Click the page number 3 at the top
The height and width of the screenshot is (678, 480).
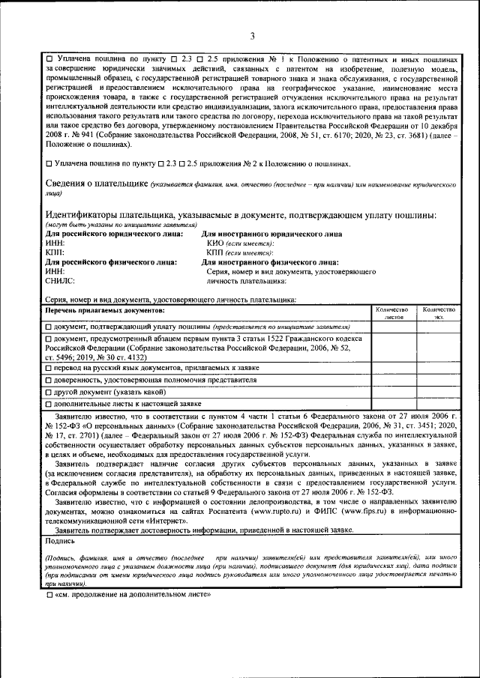tap(252, 36)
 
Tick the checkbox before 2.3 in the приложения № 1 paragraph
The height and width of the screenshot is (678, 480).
tap(174, 58)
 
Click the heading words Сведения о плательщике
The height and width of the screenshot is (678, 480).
tap(96, 184)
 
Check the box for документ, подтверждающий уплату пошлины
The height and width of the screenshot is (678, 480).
tap(49, 327)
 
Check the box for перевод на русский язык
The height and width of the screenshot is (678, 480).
tap(49, 368)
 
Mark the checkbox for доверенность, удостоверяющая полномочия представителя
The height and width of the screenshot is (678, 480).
tap(49, 381)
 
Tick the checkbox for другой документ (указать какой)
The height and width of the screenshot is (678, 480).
tap(49, 392)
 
